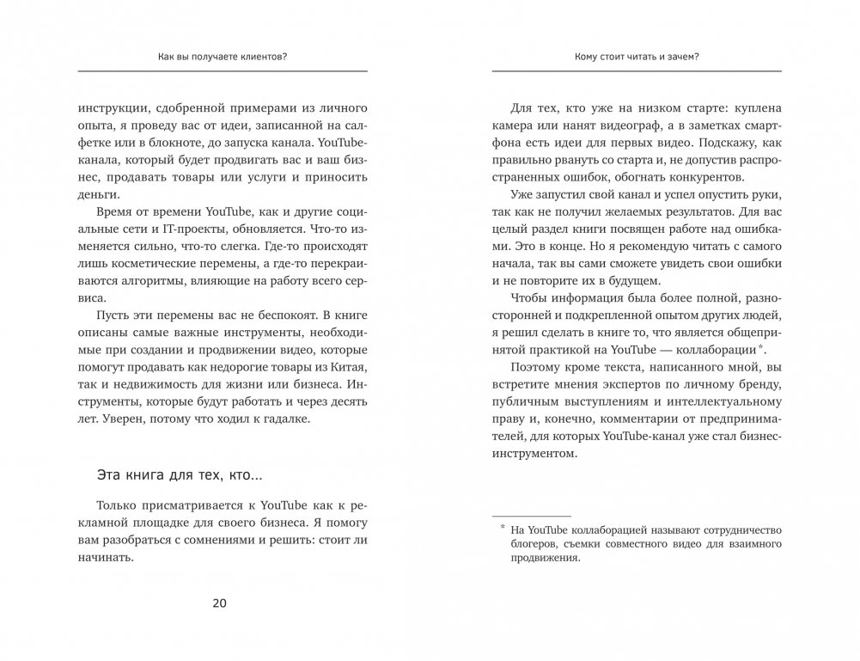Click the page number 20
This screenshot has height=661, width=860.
[219, 603]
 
